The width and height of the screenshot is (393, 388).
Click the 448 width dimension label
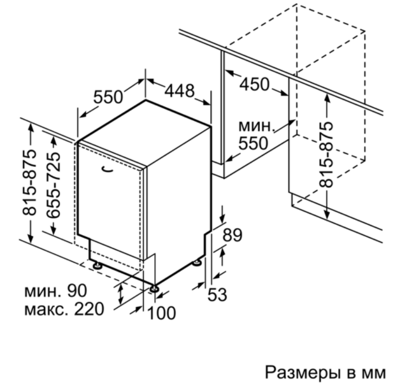pos(179,90)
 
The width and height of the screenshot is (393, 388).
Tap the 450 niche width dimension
pos(254,84)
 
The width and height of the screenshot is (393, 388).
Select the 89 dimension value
pos(232,235)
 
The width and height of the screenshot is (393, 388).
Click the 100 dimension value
pos(162,313)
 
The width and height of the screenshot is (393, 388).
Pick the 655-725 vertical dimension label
pos(53,185)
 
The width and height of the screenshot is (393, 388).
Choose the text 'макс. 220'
pos(64,309)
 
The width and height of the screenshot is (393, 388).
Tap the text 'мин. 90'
pos(55,291)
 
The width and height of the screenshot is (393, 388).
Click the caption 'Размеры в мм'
pos(325,373)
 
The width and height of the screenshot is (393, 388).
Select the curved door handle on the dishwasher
pos(107,169)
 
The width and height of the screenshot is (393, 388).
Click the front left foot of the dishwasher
pos(96,265)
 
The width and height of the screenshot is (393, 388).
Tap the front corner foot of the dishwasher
pos(154,289)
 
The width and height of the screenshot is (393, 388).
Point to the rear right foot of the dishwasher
pos(197,262)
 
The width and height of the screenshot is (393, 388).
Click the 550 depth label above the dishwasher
pos(108,97)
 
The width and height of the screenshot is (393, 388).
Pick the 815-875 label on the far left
pos(29,182)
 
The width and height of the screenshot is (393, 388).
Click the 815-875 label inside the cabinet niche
pos(326,155)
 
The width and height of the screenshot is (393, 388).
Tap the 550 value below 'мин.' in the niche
pos(253,143)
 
